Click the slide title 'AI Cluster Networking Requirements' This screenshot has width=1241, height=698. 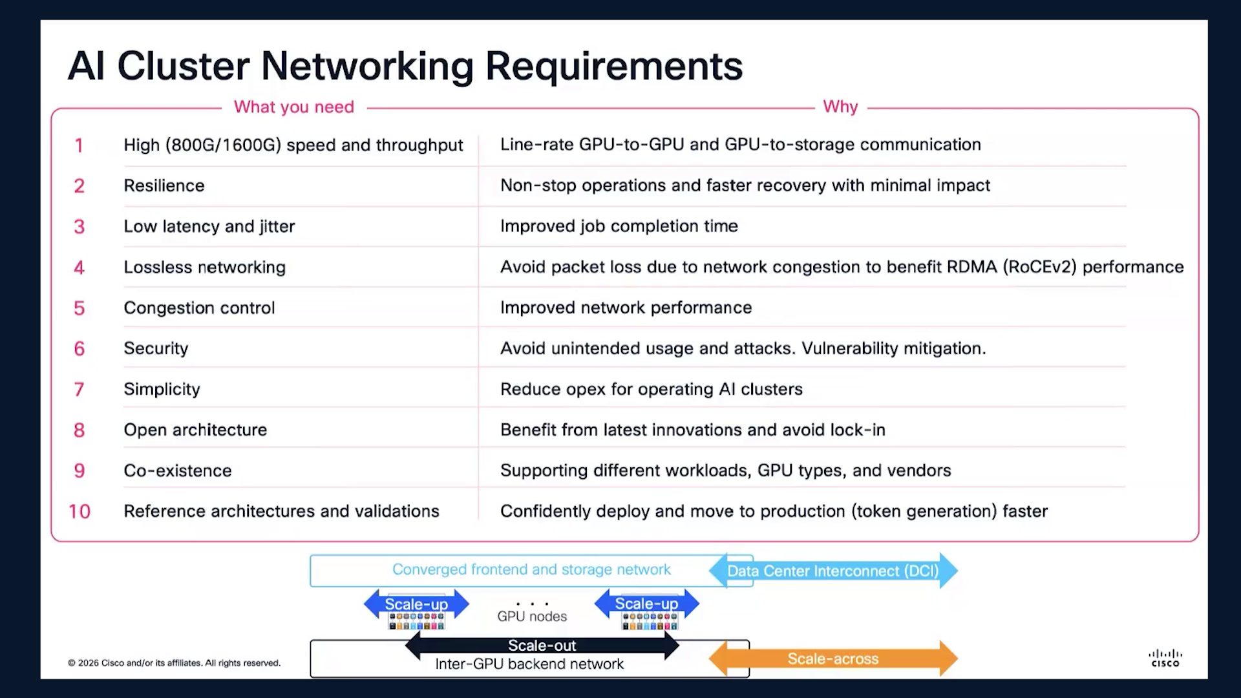(405, 66)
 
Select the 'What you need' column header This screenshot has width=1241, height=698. (294, 107)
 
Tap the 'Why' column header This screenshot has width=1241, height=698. (840, 106)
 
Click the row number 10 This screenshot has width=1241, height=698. (80, 511)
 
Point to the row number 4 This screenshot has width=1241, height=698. (79, 267)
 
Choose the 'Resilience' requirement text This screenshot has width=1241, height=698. (164, 185)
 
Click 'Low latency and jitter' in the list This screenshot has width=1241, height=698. (209, 226)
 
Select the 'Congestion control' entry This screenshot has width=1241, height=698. (199, 308)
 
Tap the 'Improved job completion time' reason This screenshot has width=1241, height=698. (619, 226)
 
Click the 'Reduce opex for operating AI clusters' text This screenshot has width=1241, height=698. (652, 389)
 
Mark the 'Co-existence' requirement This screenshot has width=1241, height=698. (178, 471)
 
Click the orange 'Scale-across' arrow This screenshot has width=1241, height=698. (833, 659)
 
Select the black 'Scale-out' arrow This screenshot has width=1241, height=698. (542, 645)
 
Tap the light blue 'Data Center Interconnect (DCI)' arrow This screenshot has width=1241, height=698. (833, 571)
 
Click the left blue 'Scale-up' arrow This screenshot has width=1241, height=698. (416, 604)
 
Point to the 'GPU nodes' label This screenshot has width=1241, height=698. (532, 617)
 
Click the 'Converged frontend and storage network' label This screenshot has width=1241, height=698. (531, 569)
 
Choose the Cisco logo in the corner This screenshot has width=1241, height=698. (1165, 658)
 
